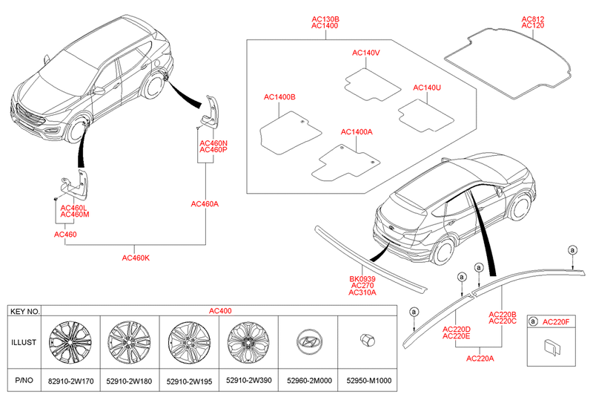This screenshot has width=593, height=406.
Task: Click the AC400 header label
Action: click(x=220, y=311)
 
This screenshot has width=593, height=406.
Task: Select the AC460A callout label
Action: click(x=204, y=203)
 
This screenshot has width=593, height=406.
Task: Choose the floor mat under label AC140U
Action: click(x=425, y=115)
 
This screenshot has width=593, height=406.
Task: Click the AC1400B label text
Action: click(x=279, y=97)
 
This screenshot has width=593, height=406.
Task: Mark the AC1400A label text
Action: click(x=357, y=132)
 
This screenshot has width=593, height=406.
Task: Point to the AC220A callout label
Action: click(x=480, y=358)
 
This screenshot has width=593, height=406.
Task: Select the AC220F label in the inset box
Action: click(x=557, y=321)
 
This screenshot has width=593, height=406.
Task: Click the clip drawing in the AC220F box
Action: click(x=553, y=347)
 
